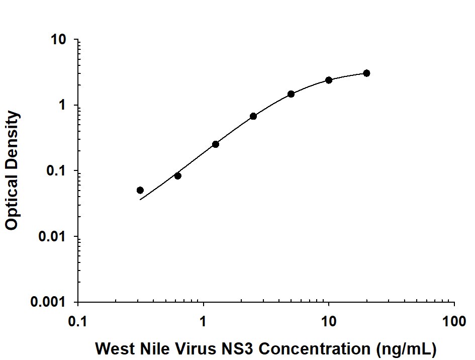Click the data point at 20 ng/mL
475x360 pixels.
[x=366, y=73]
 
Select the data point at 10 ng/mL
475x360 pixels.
[x=329, y=80]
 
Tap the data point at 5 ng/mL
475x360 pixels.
[x=291, y=94]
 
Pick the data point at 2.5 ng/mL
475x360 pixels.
[x=253, y=116]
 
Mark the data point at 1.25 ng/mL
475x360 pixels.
[x=216, y=144]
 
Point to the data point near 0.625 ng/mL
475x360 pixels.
[x=178, y=176]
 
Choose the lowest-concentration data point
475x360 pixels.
[x=140, y=190]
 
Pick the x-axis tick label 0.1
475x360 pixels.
[x=78, y=321]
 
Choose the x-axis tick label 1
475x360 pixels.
[x=204, y=321]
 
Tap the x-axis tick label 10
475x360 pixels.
[x=329, y=321]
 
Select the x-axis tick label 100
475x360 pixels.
[x=454, y=321]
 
